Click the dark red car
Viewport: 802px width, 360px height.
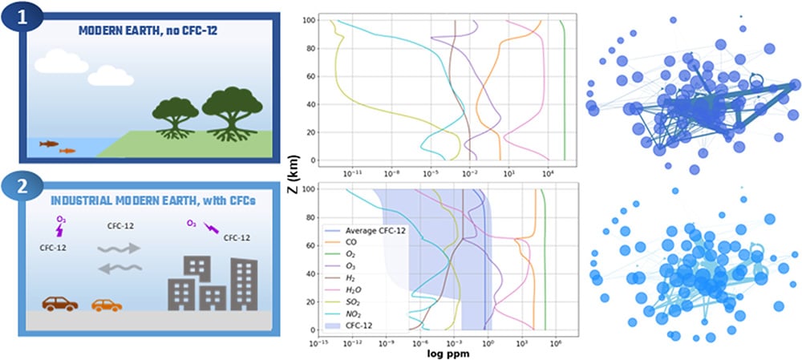tap(60, 304)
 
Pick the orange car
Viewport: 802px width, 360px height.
tap(107, 305)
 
